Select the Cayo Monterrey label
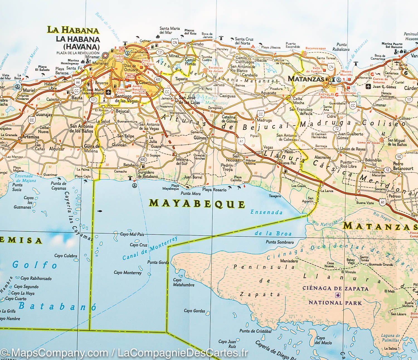(128, 273)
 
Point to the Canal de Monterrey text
(150, 248)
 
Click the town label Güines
(200, 138)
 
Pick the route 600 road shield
(143, 159)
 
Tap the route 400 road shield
(159, 79)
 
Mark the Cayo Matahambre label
(183, 282)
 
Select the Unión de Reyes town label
(353, 149)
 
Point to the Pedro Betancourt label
(403, 166)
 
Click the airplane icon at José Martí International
(109, 93)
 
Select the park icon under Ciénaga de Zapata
(337, 296)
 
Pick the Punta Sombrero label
(280, 242)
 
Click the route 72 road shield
(337, 128)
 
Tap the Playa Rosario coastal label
(214, 190)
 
